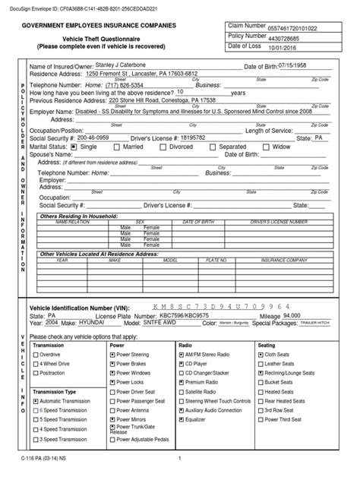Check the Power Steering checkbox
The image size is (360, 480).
(x=113, y=355)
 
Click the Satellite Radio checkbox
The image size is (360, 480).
(x=182, y=391)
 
